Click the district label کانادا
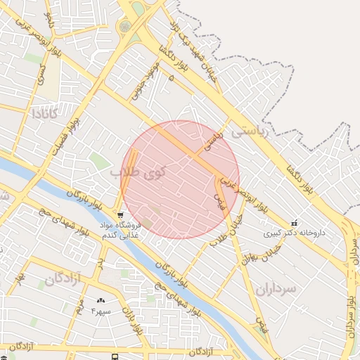(x=50, y=112)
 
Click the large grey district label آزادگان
(x=63, y=280)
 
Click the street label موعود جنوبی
(x=145, y=80)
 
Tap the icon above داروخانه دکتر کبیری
(x=294, y=223)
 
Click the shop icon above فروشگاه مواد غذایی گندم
(x=121, y=215)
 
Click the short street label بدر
(x=100, y=262)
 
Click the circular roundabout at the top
(x=125, y=27)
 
